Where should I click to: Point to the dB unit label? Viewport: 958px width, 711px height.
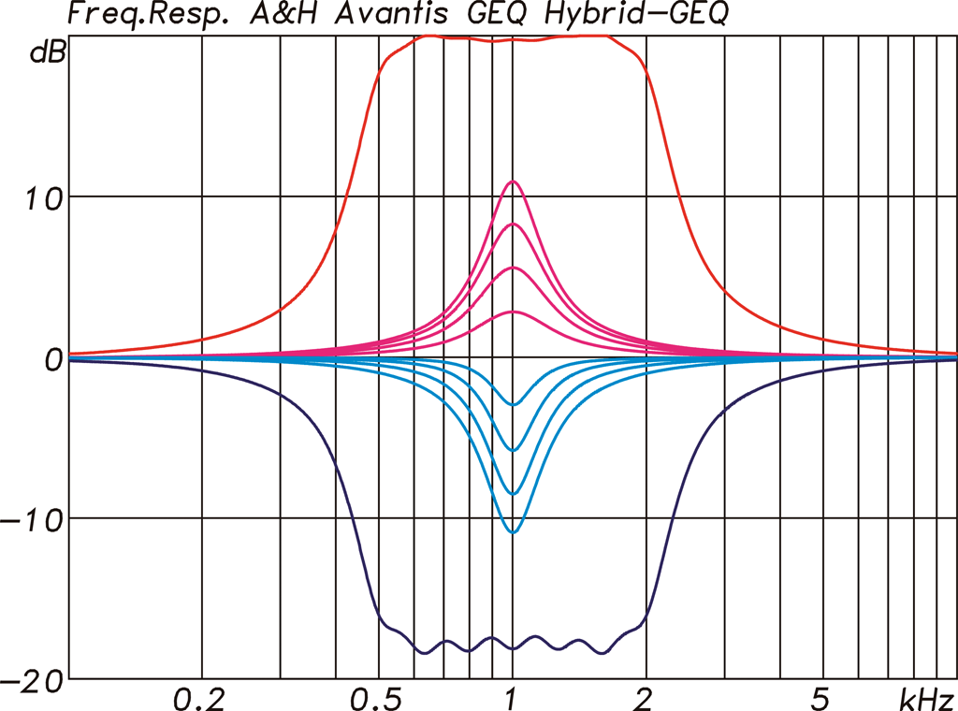(x=48, y=53)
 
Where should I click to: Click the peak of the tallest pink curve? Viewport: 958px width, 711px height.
(x=512, y=181)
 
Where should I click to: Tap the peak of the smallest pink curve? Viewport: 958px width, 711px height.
(x=512, y=312)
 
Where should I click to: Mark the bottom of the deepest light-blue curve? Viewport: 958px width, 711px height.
(x=512, y=532)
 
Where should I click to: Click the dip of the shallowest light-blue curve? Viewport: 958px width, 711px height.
(x=512, y=404)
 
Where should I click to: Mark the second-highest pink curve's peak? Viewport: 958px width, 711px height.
(x=512, y=225)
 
